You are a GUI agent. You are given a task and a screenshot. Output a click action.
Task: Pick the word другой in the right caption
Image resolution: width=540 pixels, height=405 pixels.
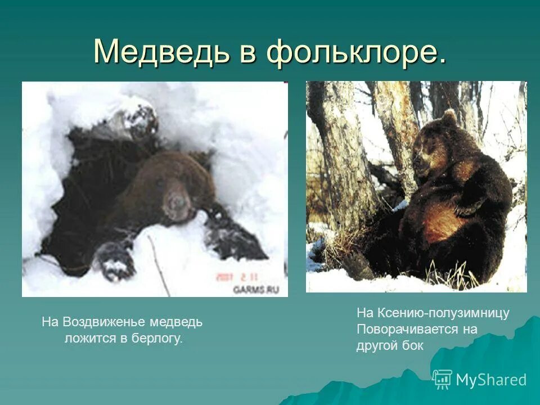pyautogui.click(x=377, y=345)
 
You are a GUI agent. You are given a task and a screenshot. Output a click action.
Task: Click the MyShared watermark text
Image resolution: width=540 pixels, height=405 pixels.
pyautogui.click(x=491, y=380)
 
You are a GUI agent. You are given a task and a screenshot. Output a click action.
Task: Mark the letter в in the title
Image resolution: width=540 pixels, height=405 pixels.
pyautogui.click(x=246, y=53)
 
